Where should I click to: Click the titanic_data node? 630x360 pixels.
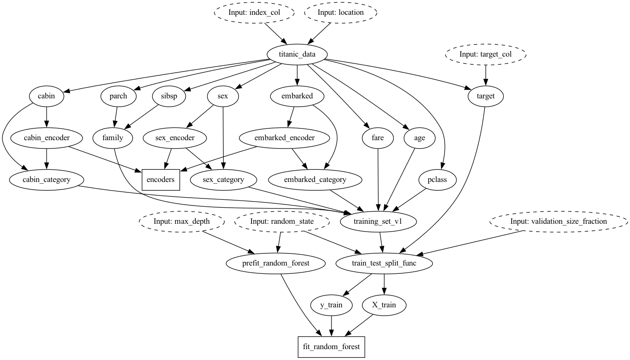pos(297,54)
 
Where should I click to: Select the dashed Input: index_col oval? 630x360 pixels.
pos(254,13)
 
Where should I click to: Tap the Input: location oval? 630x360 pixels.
pos(340,13)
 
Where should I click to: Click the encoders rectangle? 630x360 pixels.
pos(161,179)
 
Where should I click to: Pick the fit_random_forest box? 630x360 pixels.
pos(332,347)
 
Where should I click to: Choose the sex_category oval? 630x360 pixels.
pos(224,179)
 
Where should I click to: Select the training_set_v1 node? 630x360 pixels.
pos(379,221)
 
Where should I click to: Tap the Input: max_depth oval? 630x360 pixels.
pos(182,221)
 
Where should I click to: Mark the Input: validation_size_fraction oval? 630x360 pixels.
pos(559,221)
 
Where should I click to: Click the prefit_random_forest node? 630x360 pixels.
pos(276,263)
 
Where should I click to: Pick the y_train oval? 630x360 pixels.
pos(332,305)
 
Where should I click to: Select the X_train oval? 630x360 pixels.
pos(384,305)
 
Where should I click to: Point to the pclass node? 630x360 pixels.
pos(438,179)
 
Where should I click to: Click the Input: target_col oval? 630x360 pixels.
pos(486,54)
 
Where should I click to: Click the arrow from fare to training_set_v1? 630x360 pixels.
pos(379,178)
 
